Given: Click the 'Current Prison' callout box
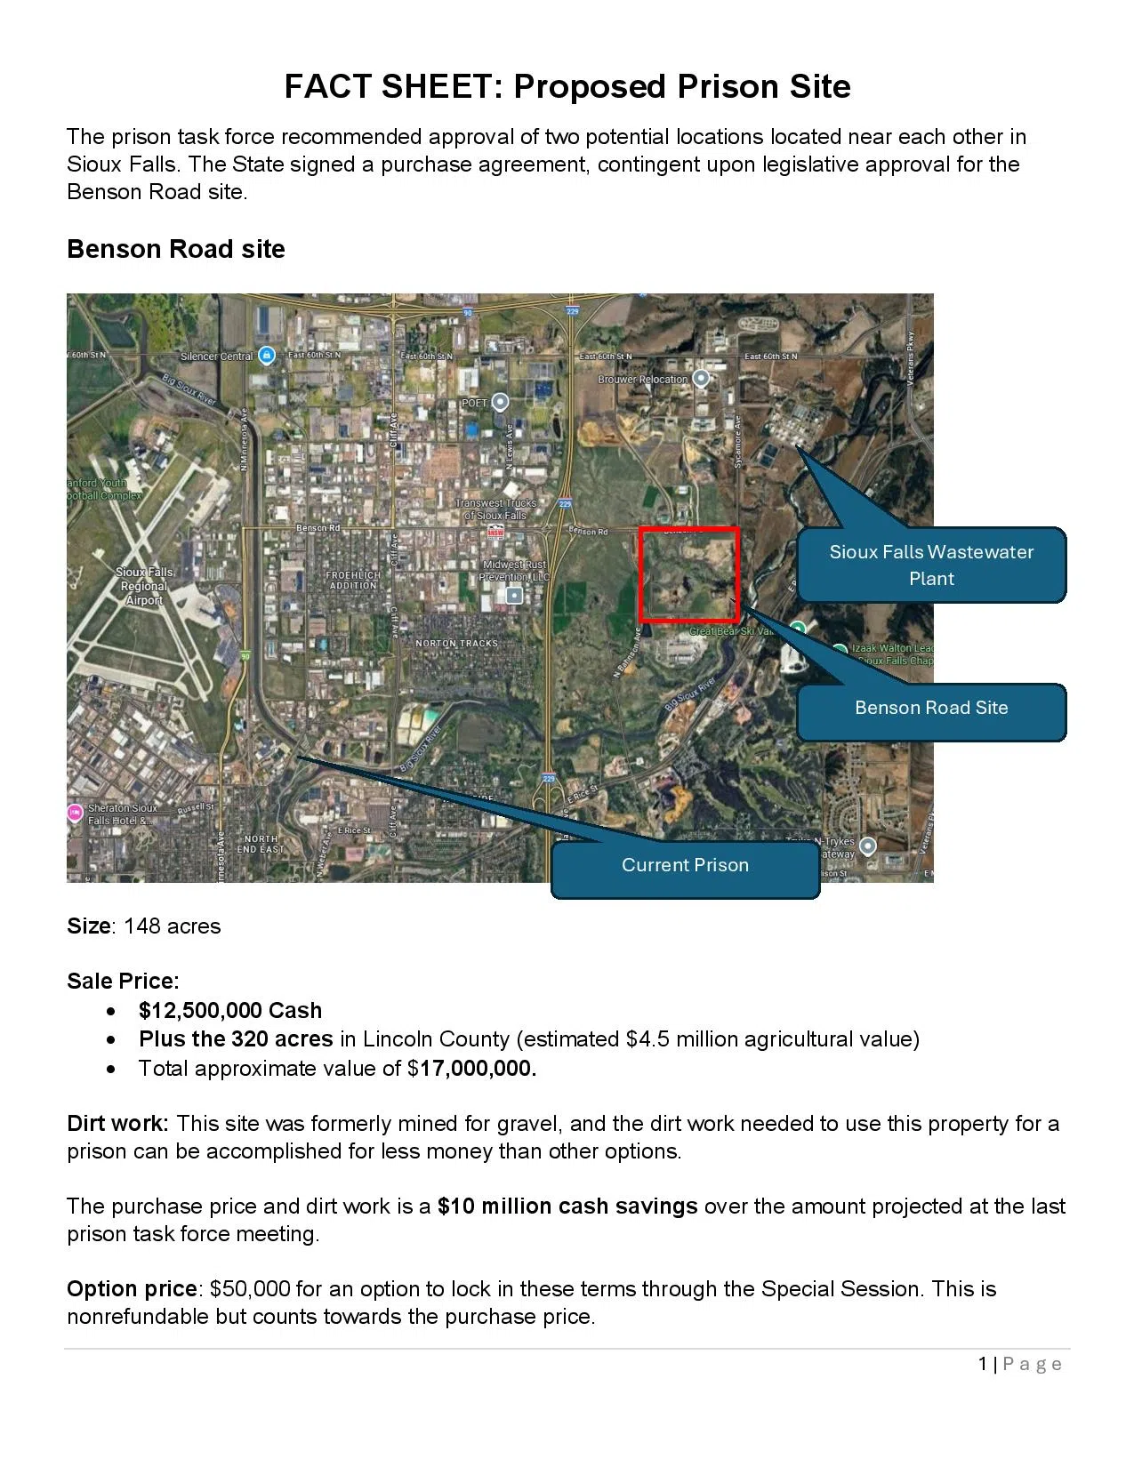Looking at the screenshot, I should click(685, 866).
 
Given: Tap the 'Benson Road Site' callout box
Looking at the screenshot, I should click(931, 709).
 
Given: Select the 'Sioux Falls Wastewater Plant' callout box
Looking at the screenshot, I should click(931, 565).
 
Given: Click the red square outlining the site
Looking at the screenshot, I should click(689, 574).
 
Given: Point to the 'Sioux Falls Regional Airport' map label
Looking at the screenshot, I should click(144, 586).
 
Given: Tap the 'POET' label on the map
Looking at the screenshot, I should click(475, 403).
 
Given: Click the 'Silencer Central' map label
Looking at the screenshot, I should click(217, 357).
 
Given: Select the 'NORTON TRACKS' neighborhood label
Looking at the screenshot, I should click(457, 643).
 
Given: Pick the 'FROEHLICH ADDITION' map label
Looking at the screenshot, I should click(353, 580).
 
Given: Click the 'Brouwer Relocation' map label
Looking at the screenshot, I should click(643, 380).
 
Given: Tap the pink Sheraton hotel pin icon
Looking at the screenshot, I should click(75, 813).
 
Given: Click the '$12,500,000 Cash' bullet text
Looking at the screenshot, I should click(230, 1011).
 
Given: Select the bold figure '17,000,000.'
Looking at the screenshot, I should click(479, 1069).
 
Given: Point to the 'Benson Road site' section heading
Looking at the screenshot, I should click(176, 250).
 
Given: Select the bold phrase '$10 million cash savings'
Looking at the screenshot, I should click(567, 1206).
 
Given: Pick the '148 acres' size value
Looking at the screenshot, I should click(173, 926).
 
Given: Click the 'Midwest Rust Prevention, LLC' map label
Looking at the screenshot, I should click(515, 571).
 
